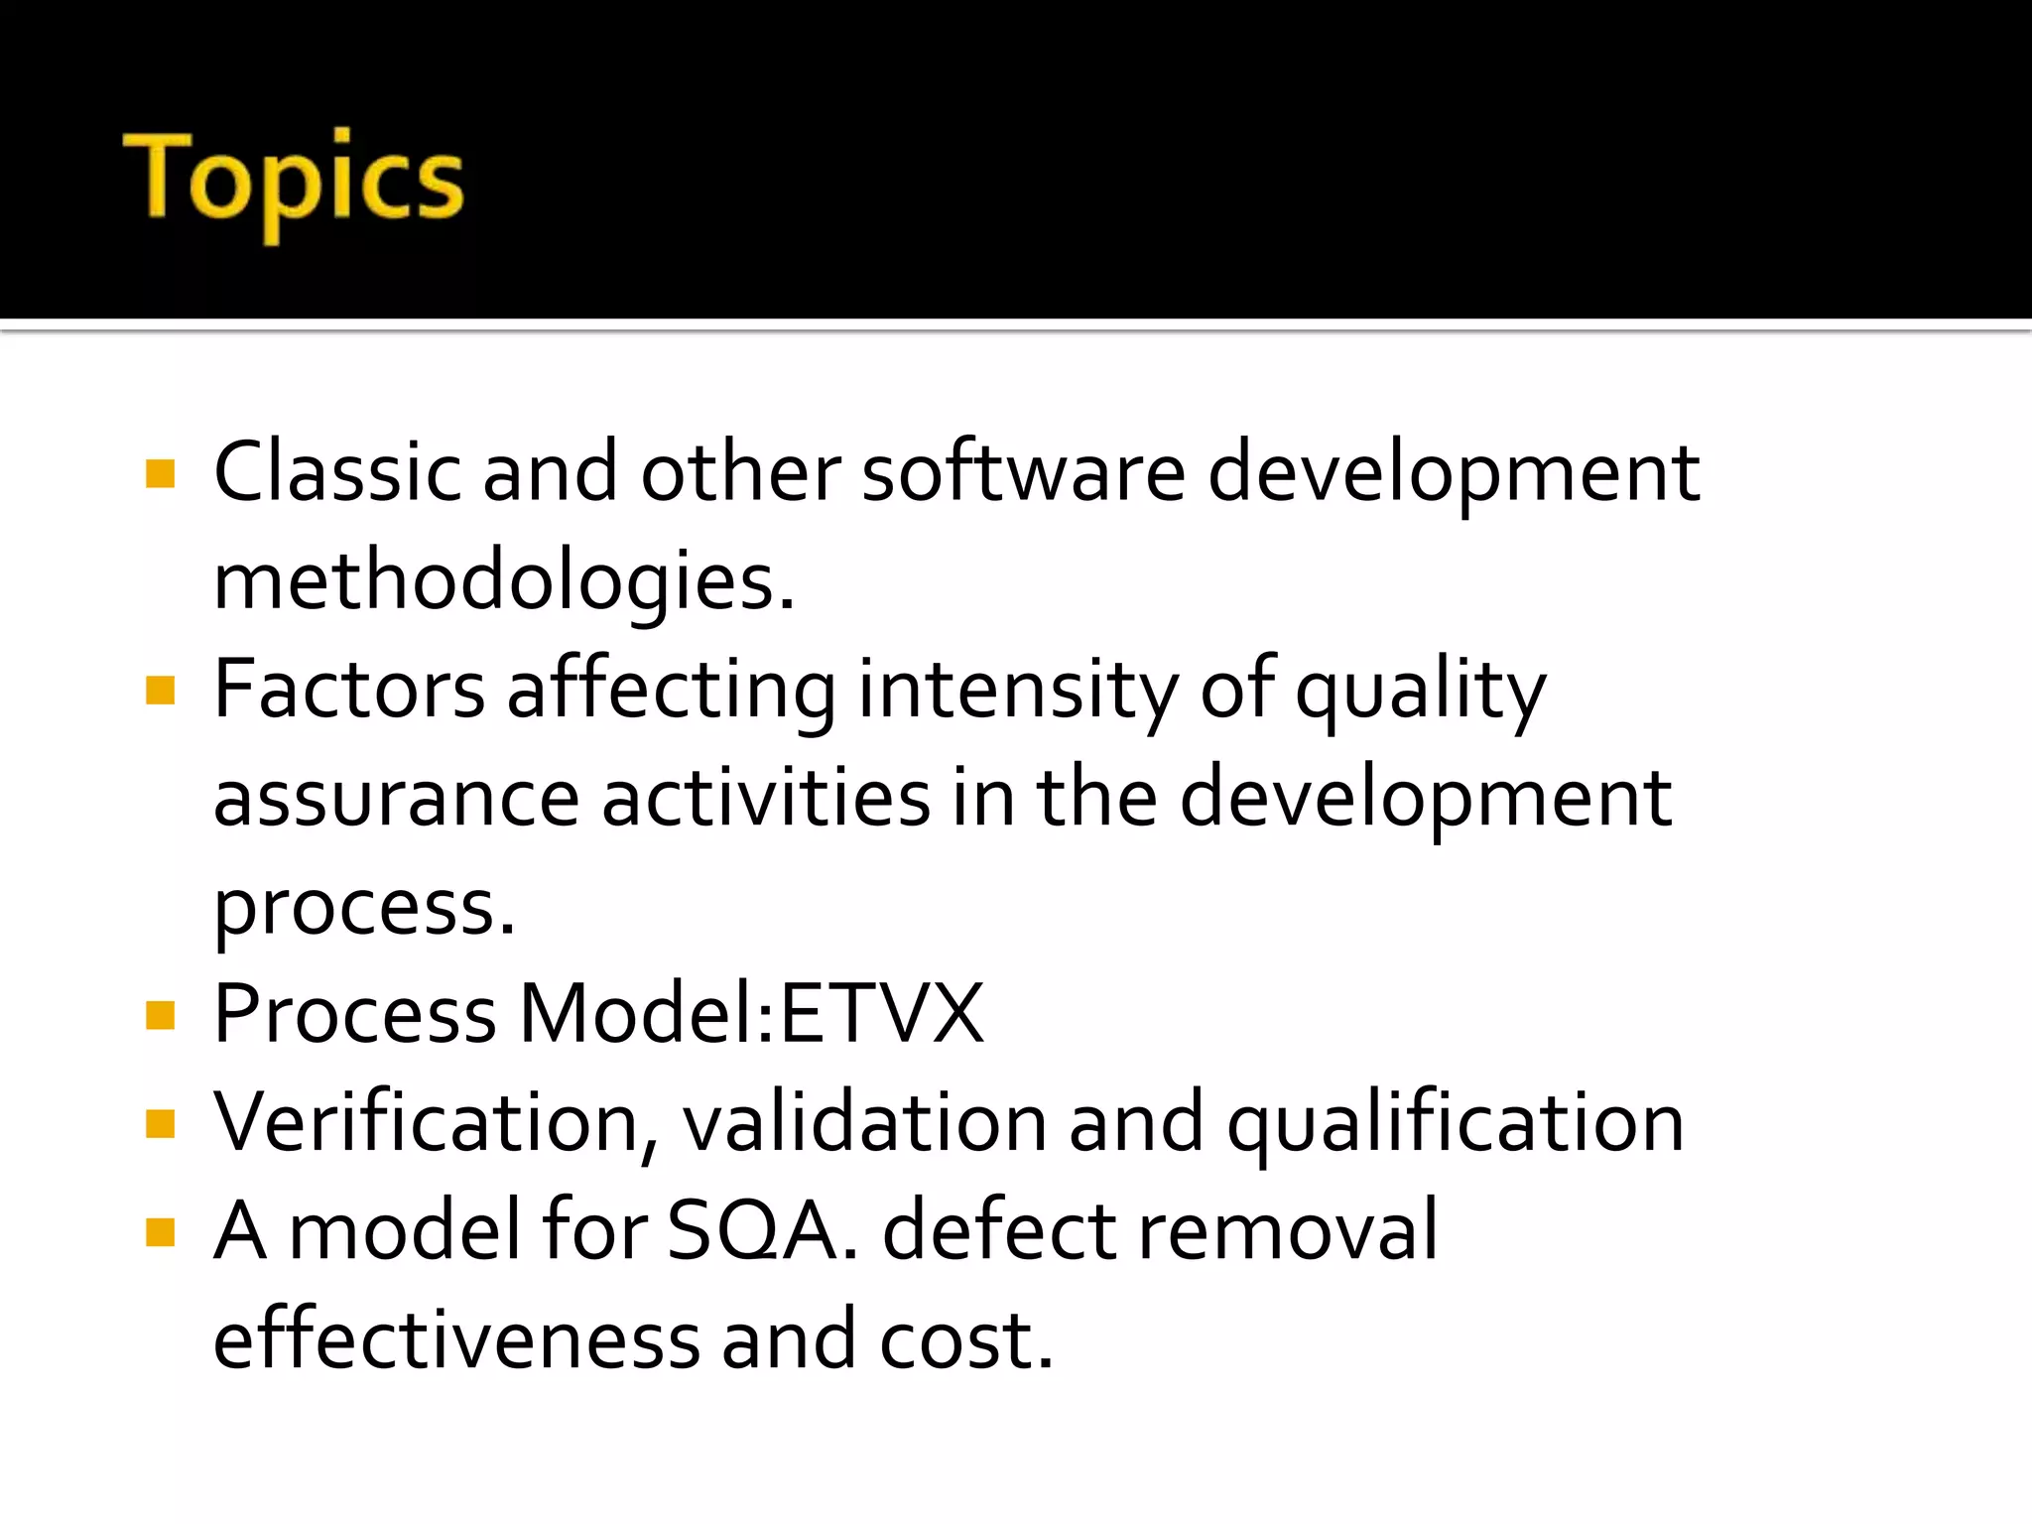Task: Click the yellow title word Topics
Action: (294, 181)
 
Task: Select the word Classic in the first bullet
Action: (337, 472)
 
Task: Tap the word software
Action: (1023, 472)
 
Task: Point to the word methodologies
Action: (503, 581)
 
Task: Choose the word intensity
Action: (1018, 692)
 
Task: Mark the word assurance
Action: (396, 800)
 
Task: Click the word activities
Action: (766, 799)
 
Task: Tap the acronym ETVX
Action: (882, 1014)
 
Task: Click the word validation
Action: (864, 1123)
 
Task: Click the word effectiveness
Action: (456, 1339)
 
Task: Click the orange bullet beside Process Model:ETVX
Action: (160, 1015)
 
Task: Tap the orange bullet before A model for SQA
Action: (160, 1232)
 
